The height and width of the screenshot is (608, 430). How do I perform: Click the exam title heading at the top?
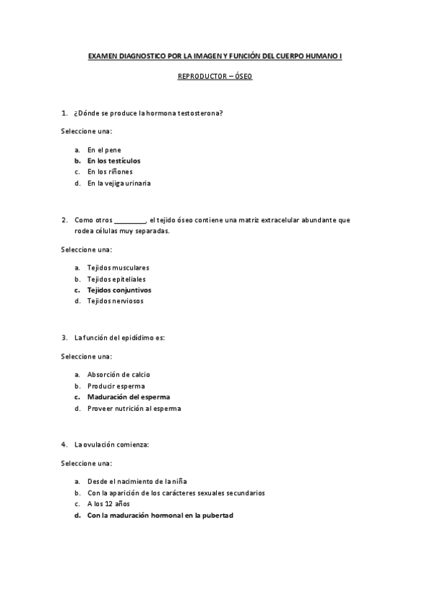(215, 55)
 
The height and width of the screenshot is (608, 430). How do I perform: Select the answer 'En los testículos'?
(113, 161)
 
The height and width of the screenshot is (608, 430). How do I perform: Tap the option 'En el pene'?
(104, 150)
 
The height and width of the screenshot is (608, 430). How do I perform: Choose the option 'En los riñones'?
(110, 172)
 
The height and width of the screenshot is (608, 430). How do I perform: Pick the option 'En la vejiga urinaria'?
(118, 183)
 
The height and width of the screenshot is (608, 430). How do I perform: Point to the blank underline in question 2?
(130, 220)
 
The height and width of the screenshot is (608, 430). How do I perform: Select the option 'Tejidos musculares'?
(118, 267)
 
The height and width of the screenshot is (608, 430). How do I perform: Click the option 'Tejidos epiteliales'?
(116, 279)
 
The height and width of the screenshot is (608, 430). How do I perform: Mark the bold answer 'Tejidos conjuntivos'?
(118, 290)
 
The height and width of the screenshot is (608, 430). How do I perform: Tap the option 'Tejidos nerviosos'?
(115, 301)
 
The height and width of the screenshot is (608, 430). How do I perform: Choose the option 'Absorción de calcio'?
(118, 374)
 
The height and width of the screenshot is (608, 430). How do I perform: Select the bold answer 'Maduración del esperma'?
(128, 396)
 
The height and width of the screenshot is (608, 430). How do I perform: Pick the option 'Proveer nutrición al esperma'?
(134, 409)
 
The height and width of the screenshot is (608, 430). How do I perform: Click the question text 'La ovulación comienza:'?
(111, 445)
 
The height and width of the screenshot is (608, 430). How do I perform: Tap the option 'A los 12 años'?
(108, 504)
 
